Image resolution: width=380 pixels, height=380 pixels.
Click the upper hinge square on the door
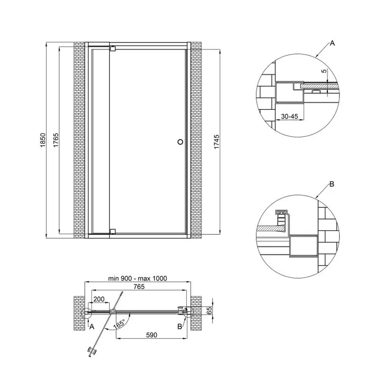pyautogui.click(x=112, y=49)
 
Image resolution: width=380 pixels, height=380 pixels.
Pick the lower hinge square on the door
pyautogui.click(x=112, y=231)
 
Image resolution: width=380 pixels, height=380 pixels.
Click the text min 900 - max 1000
pyautogui.click(x=137, y=278)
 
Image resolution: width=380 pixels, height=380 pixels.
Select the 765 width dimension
pyautogui.click(x=139, y=287)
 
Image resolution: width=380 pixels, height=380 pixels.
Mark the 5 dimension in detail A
pyautogui.click(x=324, y=72)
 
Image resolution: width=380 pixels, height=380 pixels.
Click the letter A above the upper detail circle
pyautogui.click(x=332, y=43)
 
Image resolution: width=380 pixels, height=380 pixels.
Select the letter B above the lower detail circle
pyautogui.click(x=332, y=184)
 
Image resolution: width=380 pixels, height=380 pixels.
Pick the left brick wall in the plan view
pyautogui.click(x=79, y=312)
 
